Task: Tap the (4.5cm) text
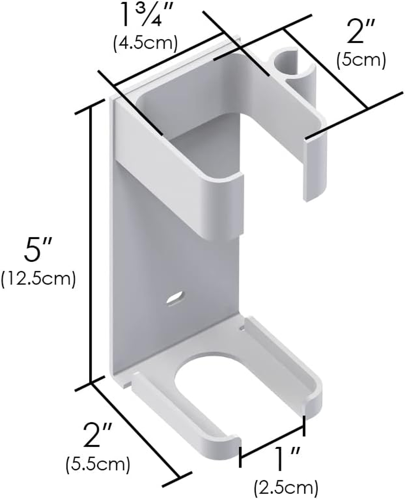click(145, 43)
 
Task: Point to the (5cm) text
click(361, 60)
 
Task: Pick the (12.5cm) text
click(38, 279)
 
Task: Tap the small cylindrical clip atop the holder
click(286, 64)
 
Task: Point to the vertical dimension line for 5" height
click(92, 243)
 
